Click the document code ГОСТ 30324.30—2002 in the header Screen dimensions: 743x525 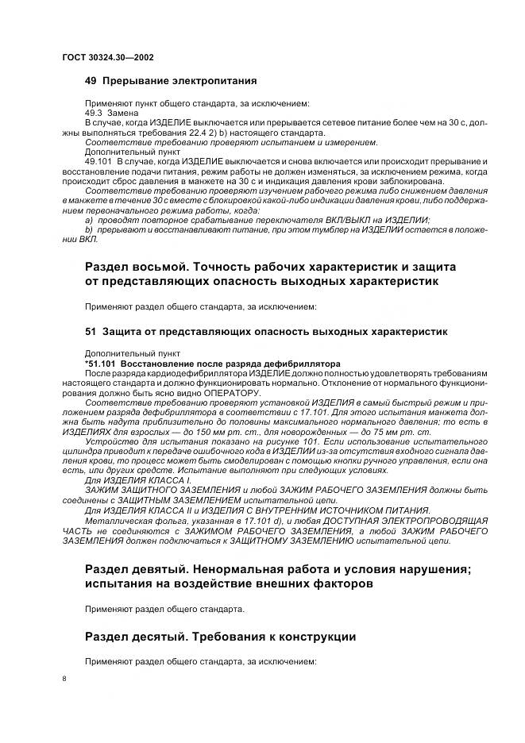107,57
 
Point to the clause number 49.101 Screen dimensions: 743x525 99,161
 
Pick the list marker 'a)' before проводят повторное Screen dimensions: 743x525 90,220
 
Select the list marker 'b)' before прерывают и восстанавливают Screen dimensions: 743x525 90,229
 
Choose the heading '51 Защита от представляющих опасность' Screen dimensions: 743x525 265,330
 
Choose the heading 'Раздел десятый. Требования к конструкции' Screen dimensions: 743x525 220,637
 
